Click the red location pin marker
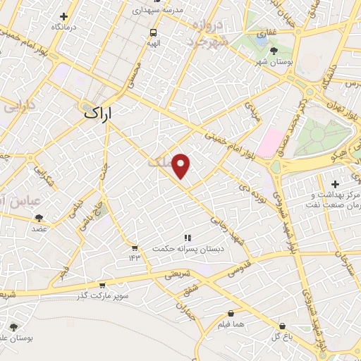pos(182,165)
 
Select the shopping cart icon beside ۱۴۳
pos(134,247)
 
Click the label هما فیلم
pos(231,324)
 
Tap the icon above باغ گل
pos(283,326)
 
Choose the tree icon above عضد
pos(38,218)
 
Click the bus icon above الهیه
pos(153,32)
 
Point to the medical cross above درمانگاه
pos(64,16)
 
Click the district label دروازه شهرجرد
pos(209,33)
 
